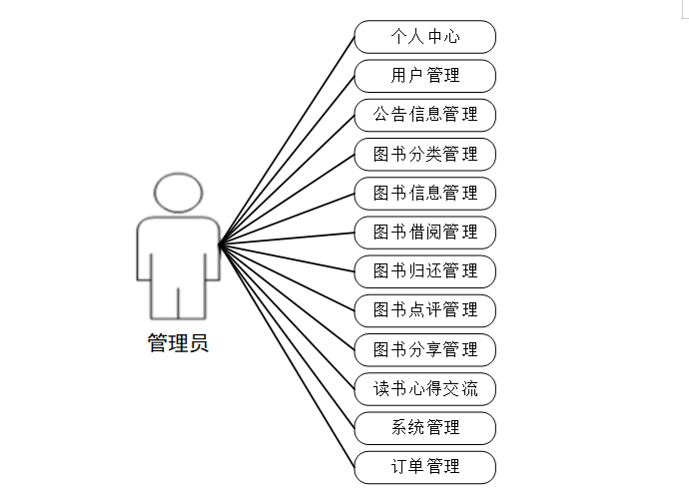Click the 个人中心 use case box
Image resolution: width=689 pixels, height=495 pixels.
tap(425, 37)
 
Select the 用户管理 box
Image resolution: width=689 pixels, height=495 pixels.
tap(425, 76)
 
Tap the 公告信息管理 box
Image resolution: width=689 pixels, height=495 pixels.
tap(425, 115)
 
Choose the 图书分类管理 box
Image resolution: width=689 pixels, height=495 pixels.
tap(425, 154)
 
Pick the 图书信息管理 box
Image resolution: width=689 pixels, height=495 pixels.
tap(425, 193)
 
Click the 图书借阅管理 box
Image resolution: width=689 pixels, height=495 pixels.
tap(425, 232)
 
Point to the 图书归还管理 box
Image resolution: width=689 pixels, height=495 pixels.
tap(425, 270)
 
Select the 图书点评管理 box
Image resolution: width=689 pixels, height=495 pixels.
tap(425, 309)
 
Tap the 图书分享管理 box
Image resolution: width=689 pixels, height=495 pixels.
tap(425, 349)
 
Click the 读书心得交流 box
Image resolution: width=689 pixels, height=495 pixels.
tap(425, 388)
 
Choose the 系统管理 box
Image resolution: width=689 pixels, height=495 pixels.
tap(425, 427)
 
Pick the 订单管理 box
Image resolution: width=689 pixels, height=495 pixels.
tap(425, 466)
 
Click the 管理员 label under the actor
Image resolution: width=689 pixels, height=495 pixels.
tap(178, 344)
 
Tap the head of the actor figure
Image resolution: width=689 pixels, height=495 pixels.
tap(178, 193)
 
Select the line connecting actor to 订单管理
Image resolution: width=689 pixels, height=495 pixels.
tap(287, 354)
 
